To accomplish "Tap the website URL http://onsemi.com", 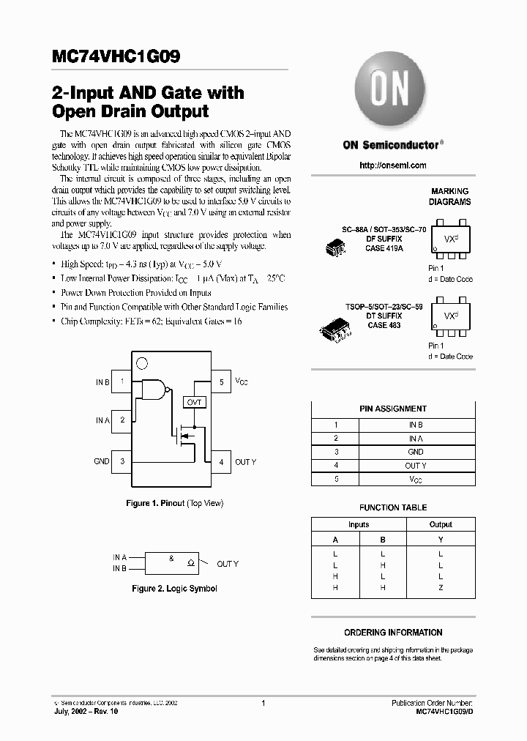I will (393, 165).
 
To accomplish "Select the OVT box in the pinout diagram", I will (195, 402).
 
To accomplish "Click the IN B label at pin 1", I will (102, 382).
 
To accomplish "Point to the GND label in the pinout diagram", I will (102, 461).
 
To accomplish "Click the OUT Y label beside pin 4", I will (245, 462).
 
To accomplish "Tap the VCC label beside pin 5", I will (242, 382).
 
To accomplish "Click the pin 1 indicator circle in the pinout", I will (142, 362).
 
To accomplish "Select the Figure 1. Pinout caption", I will (175, 503).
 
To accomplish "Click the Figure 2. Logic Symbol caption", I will (174, 588).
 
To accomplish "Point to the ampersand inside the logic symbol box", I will (171, 559).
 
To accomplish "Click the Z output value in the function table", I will (441, 587).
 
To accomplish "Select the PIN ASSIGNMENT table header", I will (393, 409).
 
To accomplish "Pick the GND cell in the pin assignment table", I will (416, 452).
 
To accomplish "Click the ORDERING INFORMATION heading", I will (393, 633).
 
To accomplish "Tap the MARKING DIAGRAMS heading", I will (450, 196).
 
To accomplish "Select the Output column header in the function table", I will (441, 524).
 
